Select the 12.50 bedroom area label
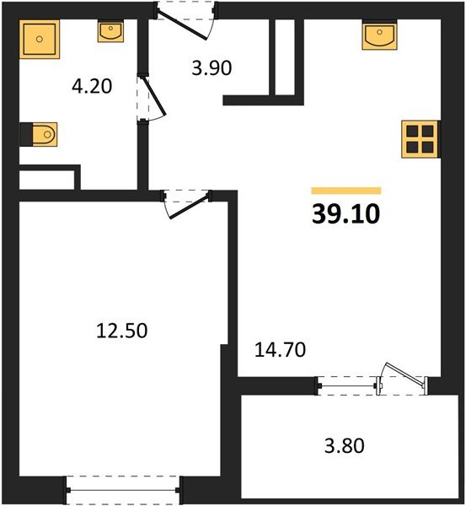point(123,331)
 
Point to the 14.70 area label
point(279,347)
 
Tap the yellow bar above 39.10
point(345,191)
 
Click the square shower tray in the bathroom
point(39,40)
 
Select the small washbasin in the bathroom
point(110,32)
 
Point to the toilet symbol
point(40,134)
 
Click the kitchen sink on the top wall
point(380,36)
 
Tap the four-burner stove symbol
point(420,137)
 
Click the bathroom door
point(147,100)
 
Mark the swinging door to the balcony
point(402,377)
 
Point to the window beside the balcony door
point(347,385)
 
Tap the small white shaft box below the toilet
point(47,179)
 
